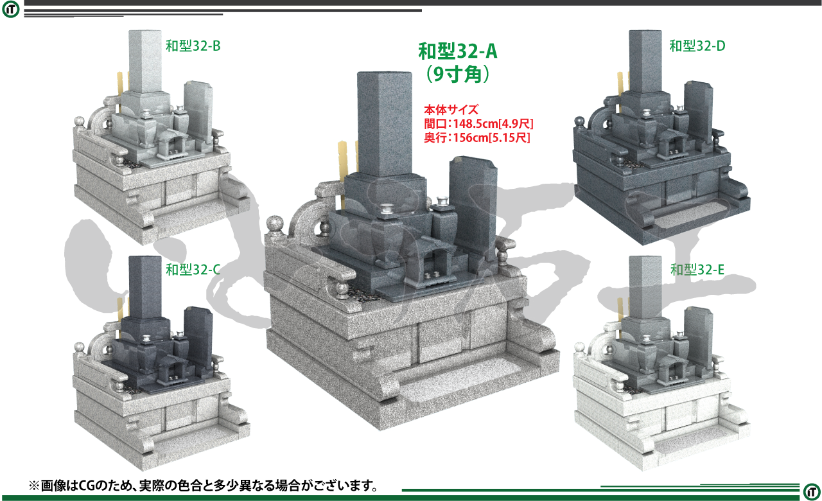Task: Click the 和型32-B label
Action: [x=193, y=46]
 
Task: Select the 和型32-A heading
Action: [x=458, y=51]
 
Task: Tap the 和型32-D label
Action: [x=697, y=46]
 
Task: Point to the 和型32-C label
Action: [x=193, y=270]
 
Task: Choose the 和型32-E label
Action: [x=697, y=270]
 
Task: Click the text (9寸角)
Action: [x=458, y=74]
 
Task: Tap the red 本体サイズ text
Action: [x=451, y=109]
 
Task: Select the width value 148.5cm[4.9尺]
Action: [x=493, y=124]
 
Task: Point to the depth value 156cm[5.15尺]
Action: [x=492, y=137]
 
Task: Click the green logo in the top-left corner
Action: [x=11, y=10]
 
